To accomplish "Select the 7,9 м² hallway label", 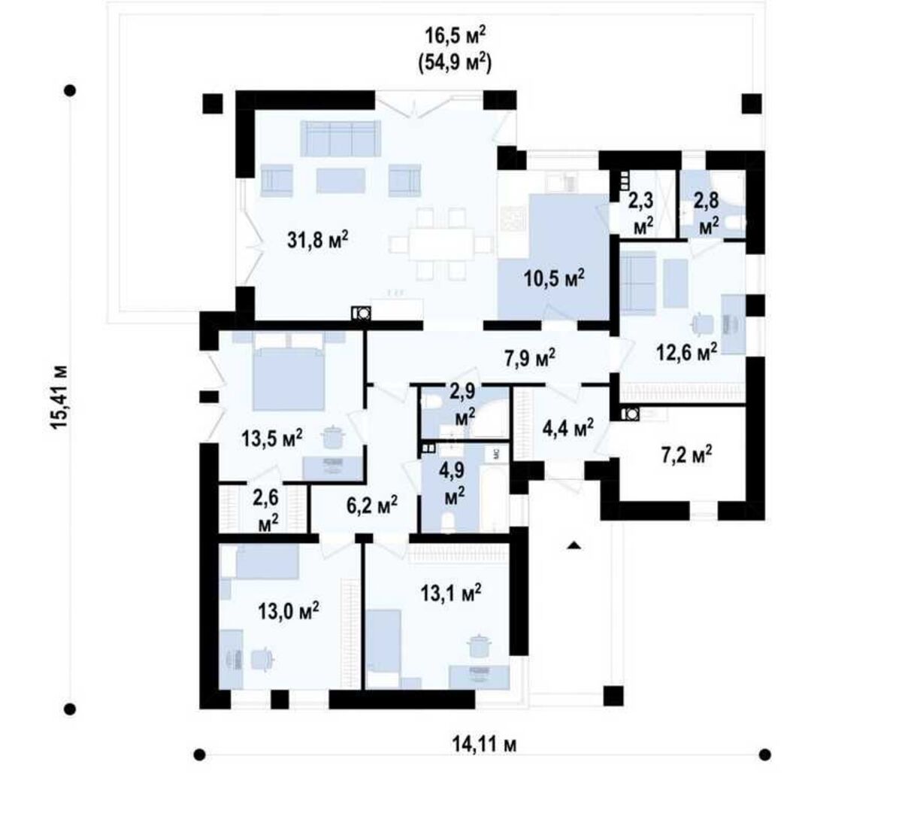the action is tap(530, 358).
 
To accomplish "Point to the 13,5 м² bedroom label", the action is tap(272, 438).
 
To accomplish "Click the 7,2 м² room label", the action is tap(686, 455).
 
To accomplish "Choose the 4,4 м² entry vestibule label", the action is tap(568, 428).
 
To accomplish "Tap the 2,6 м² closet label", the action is tap(268, 511).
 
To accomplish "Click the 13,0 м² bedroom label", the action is tap(289, 612).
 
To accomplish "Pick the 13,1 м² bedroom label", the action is tap(451, 593).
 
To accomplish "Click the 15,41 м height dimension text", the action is tap(60, 397).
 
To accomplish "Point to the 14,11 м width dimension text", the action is tap(484, 744).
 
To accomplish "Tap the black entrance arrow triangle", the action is tap(574, 545).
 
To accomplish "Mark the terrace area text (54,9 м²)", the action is tap(455, 64).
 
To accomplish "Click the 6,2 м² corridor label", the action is tap(372, 506).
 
